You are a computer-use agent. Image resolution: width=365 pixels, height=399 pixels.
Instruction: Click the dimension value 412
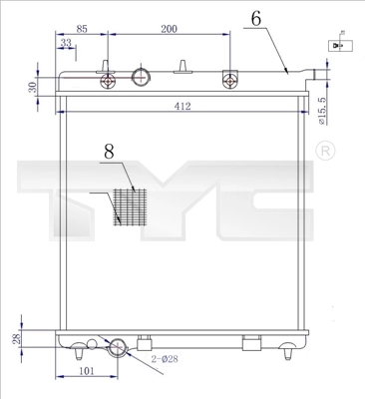(182, 105)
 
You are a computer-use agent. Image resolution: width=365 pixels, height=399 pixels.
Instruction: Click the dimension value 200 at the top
(169, 29)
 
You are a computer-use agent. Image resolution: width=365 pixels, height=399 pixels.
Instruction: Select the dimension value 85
(82, 29)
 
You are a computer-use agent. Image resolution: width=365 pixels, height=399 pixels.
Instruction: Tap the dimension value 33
(66, 43)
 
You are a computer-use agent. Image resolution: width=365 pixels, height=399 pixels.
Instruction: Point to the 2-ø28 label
(164, 357)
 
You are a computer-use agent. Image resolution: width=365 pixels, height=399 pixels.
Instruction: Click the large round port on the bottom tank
(118, 347)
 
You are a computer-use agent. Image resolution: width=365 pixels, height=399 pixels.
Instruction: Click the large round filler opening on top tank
(142, 78)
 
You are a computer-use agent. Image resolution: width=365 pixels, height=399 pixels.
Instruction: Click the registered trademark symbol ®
(324, 151)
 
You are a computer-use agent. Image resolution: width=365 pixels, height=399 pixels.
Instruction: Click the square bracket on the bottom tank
(251, 345)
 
